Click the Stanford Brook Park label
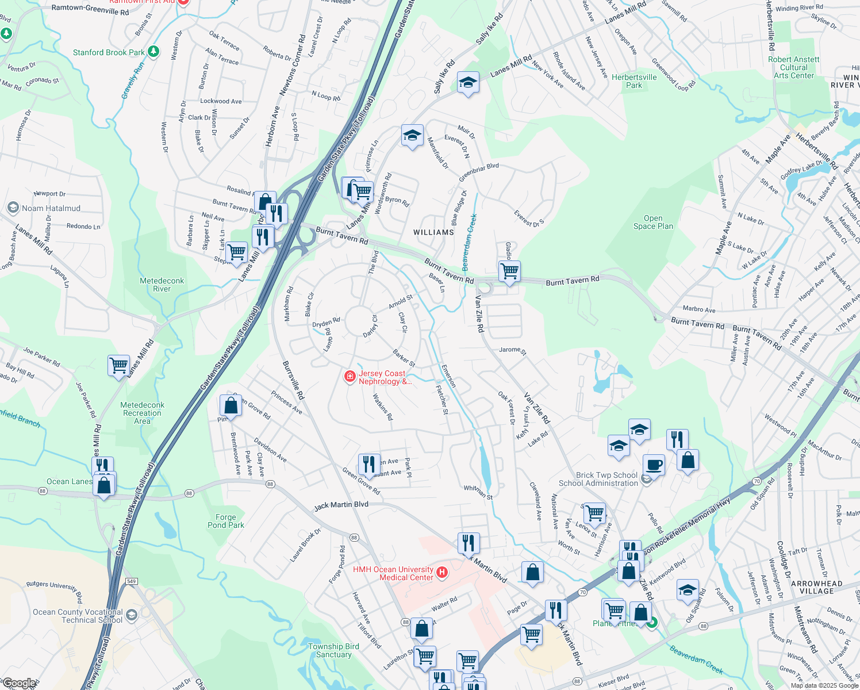pos(109,52)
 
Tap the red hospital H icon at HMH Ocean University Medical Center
pos(442,572)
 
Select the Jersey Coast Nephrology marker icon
pos(350,377)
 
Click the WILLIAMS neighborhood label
pos(433,232)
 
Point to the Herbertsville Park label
pos(634,81)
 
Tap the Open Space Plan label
pos(653,222)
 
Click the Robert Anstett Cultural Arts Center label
pos(794,67)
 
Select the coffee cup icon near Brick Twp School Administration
pos(654,464)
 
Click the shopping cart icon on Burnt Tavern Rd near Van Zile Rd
pos(509,271)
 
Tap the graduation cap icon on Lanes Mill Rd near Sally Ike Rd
pos(468,83)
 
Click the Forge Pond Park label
pos(226,521)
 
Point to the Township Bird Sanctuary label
pos(333,650)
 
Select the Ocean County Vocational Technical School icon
pos(132,615)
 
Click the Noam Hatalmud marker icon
pos(13,208)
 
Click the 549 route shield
pos(132,582)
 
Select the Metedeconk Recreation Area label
pos(143,413)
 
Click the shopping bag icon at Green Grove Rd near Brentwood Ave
pos(231,405)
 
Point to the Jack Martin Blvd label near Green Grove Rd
pos(341,505)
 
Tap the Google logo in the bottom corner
pos(18,684)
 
